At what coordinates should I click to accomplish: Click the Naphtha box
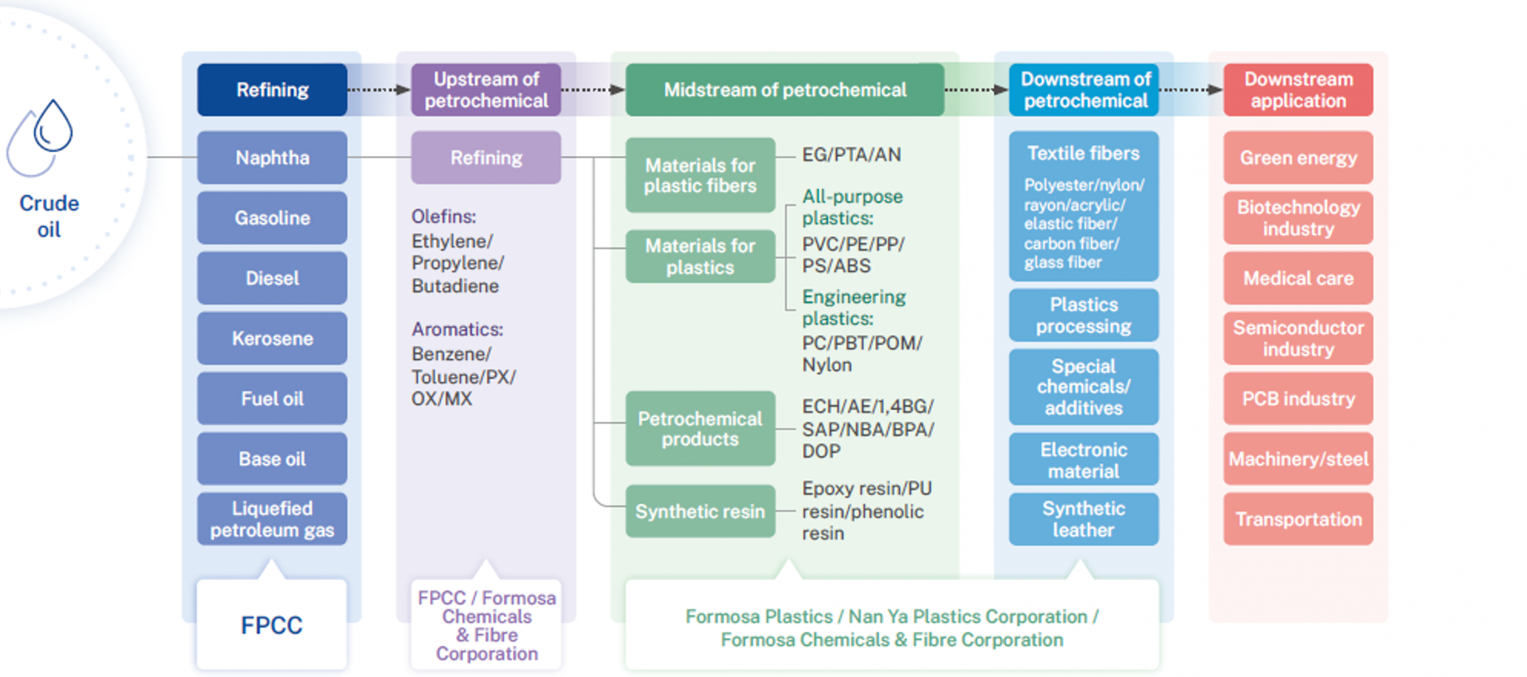pyautogui.click(x=272, y=158)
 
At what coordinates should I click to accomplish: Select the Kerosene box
pyautogui.click(x=272, y=339)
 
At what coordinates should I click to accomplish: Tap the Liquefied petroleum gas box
pyautogui.click(x=272, y=519)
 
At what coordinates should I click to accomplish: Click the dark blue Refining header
pyautogui.click(x=272, y=90)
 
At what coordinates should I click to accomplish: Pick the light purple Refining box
pyautogui.click(x=486, y=158)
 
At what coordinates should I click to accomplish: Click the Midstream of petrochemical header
pyautogui.click(x=785, y=90)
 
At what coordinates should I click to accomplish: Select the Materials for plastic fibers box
pyautogui.click(x=700, y=176)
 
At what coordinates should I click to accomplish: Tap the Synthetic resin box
pyautogui.click(x=700, y=511)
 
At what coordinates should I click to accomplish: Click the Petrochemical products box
pyautogui.click(x=700, y=429)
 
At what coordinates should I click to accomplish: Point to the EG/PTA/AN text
pyautogui.click(x=851, y=155)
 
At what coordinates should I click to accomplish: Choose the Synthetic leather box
pyautogui.click(x=1084, y=519)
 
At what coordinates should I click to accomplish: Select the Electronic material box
pyautogui.click(x=1084, y=460)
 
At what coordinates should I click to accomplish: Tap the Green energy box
pyautogui.click(x=1298, y=158)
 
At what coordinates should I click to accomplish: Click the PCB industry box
pyautogui.click(x=1298, y=399)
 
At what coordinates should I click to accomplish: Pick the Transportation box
pyautogui.click(x=1298, y=519)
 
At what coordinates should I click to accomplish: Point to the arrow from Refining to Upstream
pyautogui.click(x=379, y=90)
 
